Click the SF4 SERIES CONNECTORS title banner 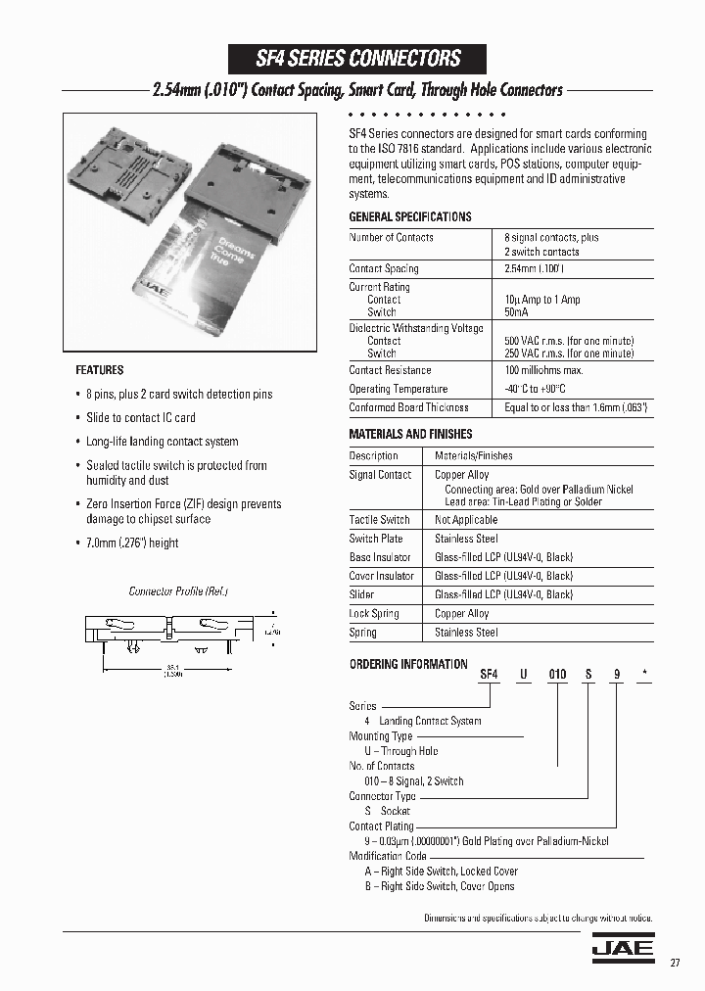(x=357, y=58)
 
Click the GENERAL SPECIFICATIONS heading (x=409, y=216)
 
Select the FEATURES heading (x=100, y=370)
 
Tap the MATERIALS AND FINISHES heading (x=410, y=434)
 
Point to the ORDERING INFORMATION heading (x=408, y=664)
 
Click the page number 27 (x=676, y=962)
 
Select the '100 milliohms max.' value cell (x=543, y=370)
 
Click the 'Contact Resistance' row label (x=390, y=370)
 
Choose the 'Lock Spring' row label (x=374, y=613)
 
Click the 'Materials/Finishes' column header (x=473, y=455)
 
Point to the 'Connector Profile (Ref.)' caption (x=178, y=591)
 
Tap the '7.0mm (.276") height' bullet (x=132, y=543)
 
